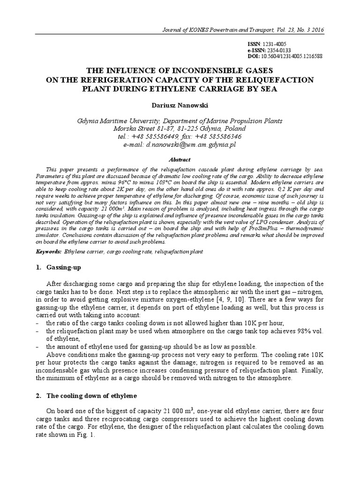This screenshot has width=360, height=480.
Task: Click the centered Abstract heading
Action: click(x=180, y=159)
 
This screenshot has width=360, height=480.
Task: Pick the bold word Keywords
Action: click(x=48, y=252)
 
